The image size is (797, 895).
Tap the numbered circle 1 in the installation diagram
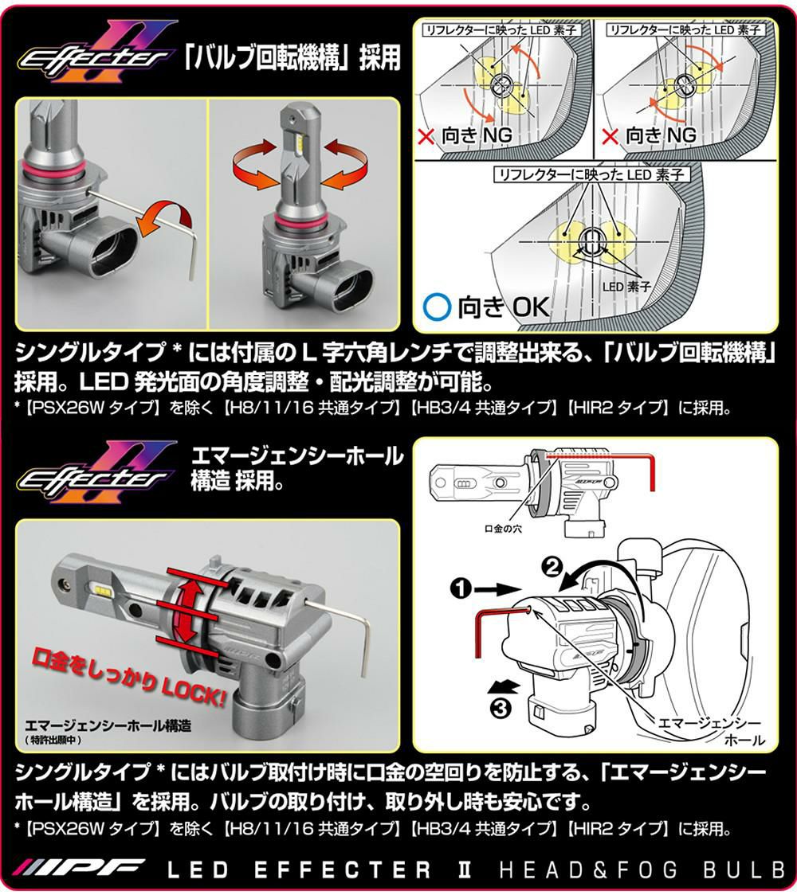pyautogui.click(x=458, y=589)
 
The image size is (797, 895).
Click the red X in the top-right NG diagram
pyautogui.click(x=611, y=136)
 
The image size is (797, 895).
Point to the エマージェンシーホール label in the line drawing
pyautogui.click(x=705, y=730)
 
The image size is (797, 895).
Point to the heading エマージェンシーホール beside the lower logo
pyautogui.click(x=296, y=457)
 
